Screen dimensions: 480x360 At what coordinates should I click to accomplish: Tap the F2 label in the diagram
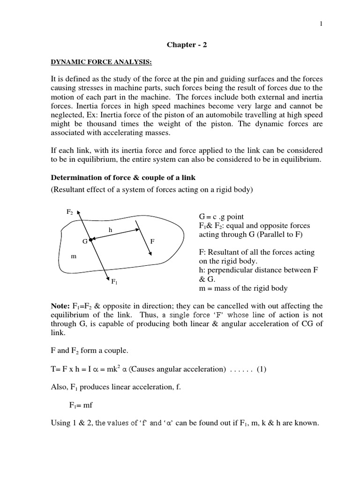[70, 212]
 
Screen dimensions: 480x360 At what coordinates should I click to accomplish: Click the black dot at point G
[90, 240]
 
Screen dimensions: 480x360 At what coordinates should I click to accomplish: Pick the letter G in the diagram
[85, 241]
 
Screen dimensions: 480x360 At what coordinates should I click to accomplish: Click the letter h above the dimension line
[111, 230]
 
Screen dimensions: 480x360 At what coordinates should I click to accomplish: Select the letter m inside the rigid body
[73, 256]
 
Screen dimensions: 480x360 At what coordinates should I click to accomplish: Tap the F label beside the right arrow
[152, 241]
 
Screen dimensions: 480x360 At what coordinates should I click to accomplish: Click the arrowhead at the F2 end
[79, 213]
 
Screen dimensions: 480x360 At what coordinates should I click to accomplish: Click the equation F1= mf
[84, 405]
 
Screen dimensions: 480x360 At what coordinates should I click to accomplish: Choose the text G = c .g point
[221, 217]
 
